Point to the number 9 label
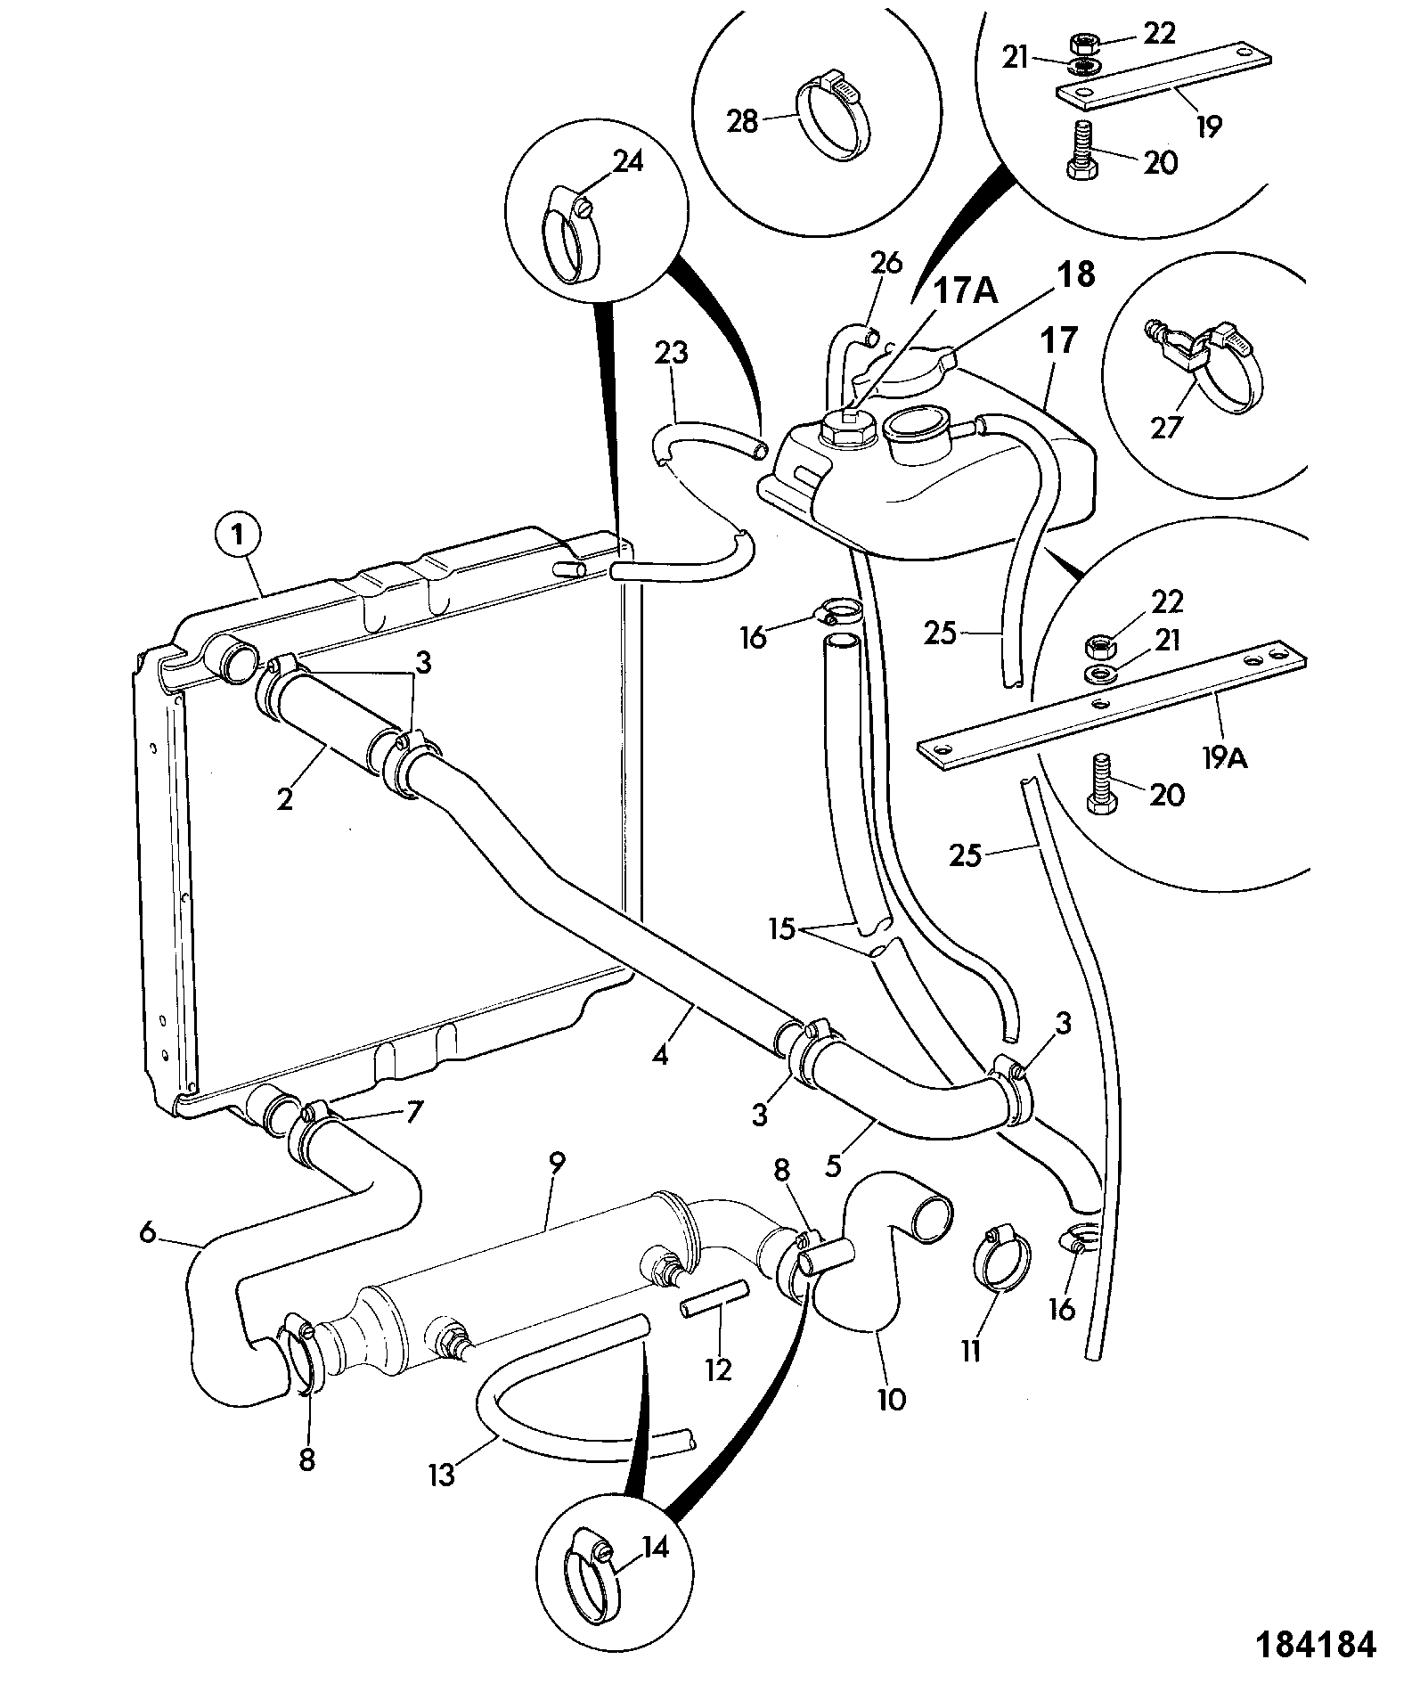(x=558, y=1163)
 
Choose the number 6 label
(x=147, y=1233)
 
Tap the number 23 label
(x=673, y=354)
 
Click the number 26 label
(x=886, y=263)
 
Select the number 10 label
(x=892, y=1400)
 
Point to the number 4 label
(x=659, y=1056)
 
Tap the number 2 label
(x=285, y=798)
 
